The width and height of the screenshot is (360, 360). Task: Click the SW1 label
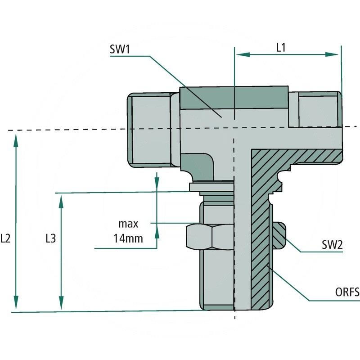click(x=120, y=49)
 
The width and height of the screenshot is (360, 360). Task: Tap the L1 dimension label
click(x=281, y=47)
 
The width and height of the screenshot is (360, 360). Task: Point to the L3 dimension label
click(x=50, y=239)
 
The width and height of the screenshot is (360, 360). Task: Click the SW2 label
click(x=332, y=245)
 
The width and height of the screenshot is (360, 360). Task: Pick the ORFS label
click(x=347, y=293)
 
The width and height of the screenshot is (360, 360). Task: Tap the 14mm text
click(x=128, y=238)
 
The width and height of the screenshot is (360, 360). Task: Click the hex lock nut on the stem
click(x=210, y=236)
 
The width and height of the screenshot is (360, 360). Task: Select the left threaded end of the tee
click(x=148, y=129)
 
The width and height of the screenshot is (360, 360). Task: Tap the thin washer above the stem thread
click(x=211, y=187)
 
